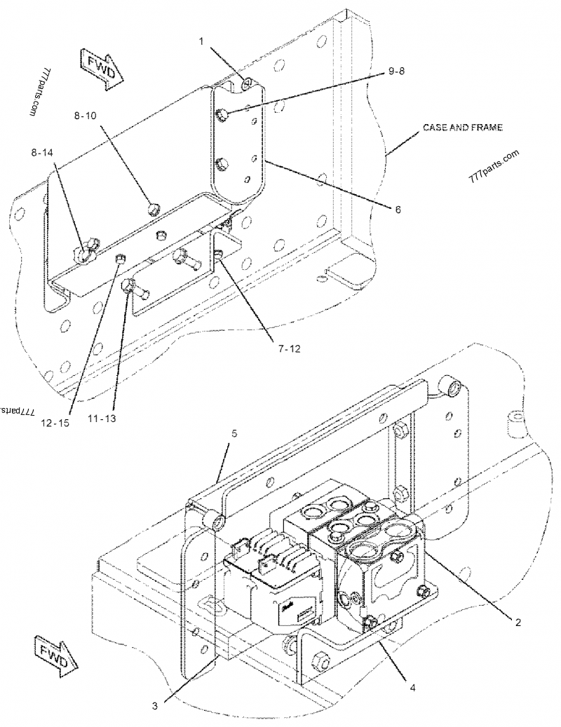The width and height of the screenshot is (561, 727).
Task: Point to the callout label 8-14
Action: [x=43, y=151]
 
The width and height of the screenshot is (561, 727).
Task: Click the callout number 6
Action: [x=397, y=208]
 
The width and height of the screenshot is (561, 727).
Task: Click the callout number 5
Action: [x=234, y=434]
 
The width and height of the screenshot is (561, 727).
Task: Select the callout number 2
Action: [x=518, y=621]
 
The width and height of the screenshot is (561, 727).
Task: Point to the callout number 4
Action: [x=412, y=687]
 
